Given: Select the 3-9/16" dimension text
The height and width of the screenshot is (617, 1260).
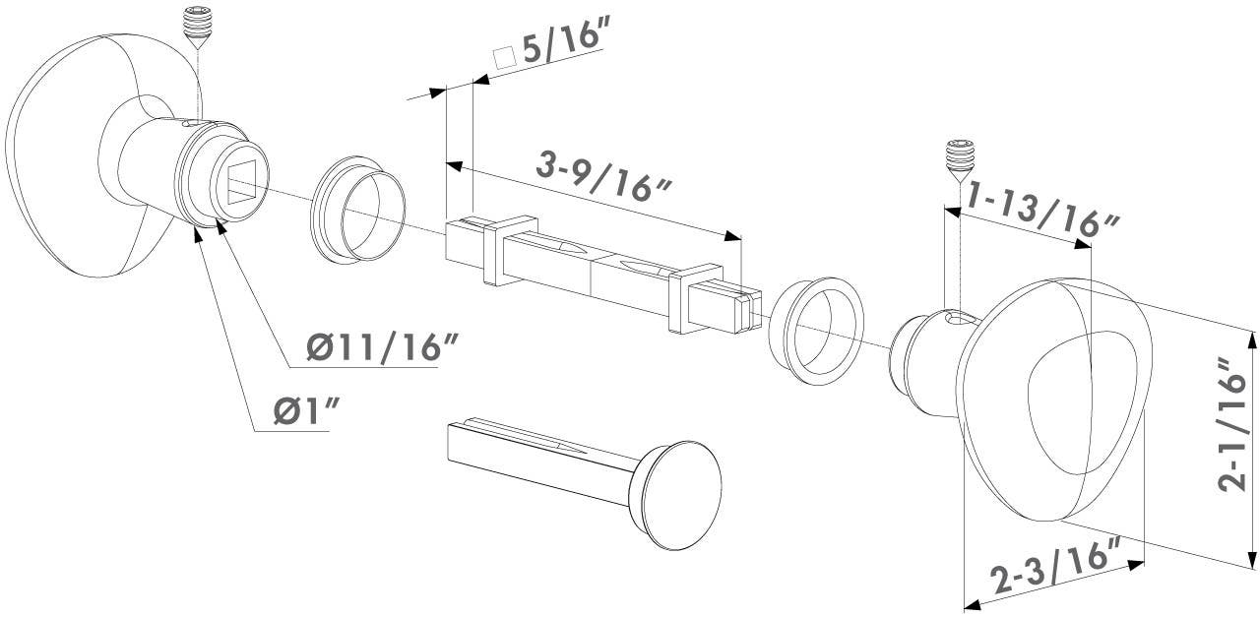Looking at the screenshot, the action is click(603, 176).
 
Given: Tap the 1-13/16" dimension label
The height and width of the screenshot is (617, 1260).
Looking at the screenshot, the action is click(1041, 212).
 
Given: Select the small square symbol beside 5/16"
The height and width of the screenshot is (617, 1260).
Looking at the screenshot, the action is click(505, 58).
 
